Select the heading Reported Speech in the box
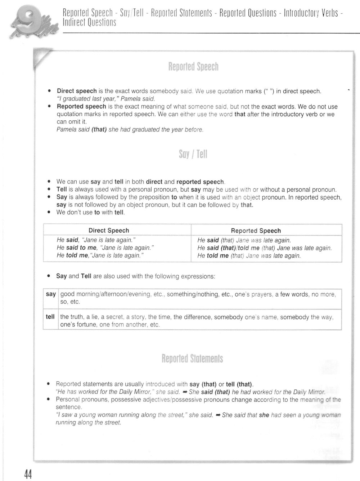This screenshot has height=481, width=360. [193, 67]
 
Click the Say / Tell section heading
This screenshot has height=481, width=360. [193, 155]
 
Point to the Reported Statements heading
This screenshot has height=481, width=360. [192, 359]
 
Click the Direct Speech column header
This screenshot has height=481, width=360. [109, 231]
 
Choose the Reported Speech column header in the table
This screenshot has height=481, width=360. [256, 231]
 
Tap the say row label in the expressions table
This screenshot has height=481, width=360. [51, 294]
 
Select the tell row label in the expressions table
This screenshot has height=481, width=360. [50, 317]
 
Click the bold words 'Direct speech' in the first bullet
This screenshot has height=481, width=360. [77, 91]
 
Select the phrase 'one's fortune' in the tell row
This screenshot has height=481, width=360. [77, 325]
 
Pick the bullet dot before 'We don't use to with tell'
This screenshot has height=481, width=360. [49, 213]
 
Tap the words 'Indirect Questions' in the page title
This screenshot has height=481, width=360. [90, 23]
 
